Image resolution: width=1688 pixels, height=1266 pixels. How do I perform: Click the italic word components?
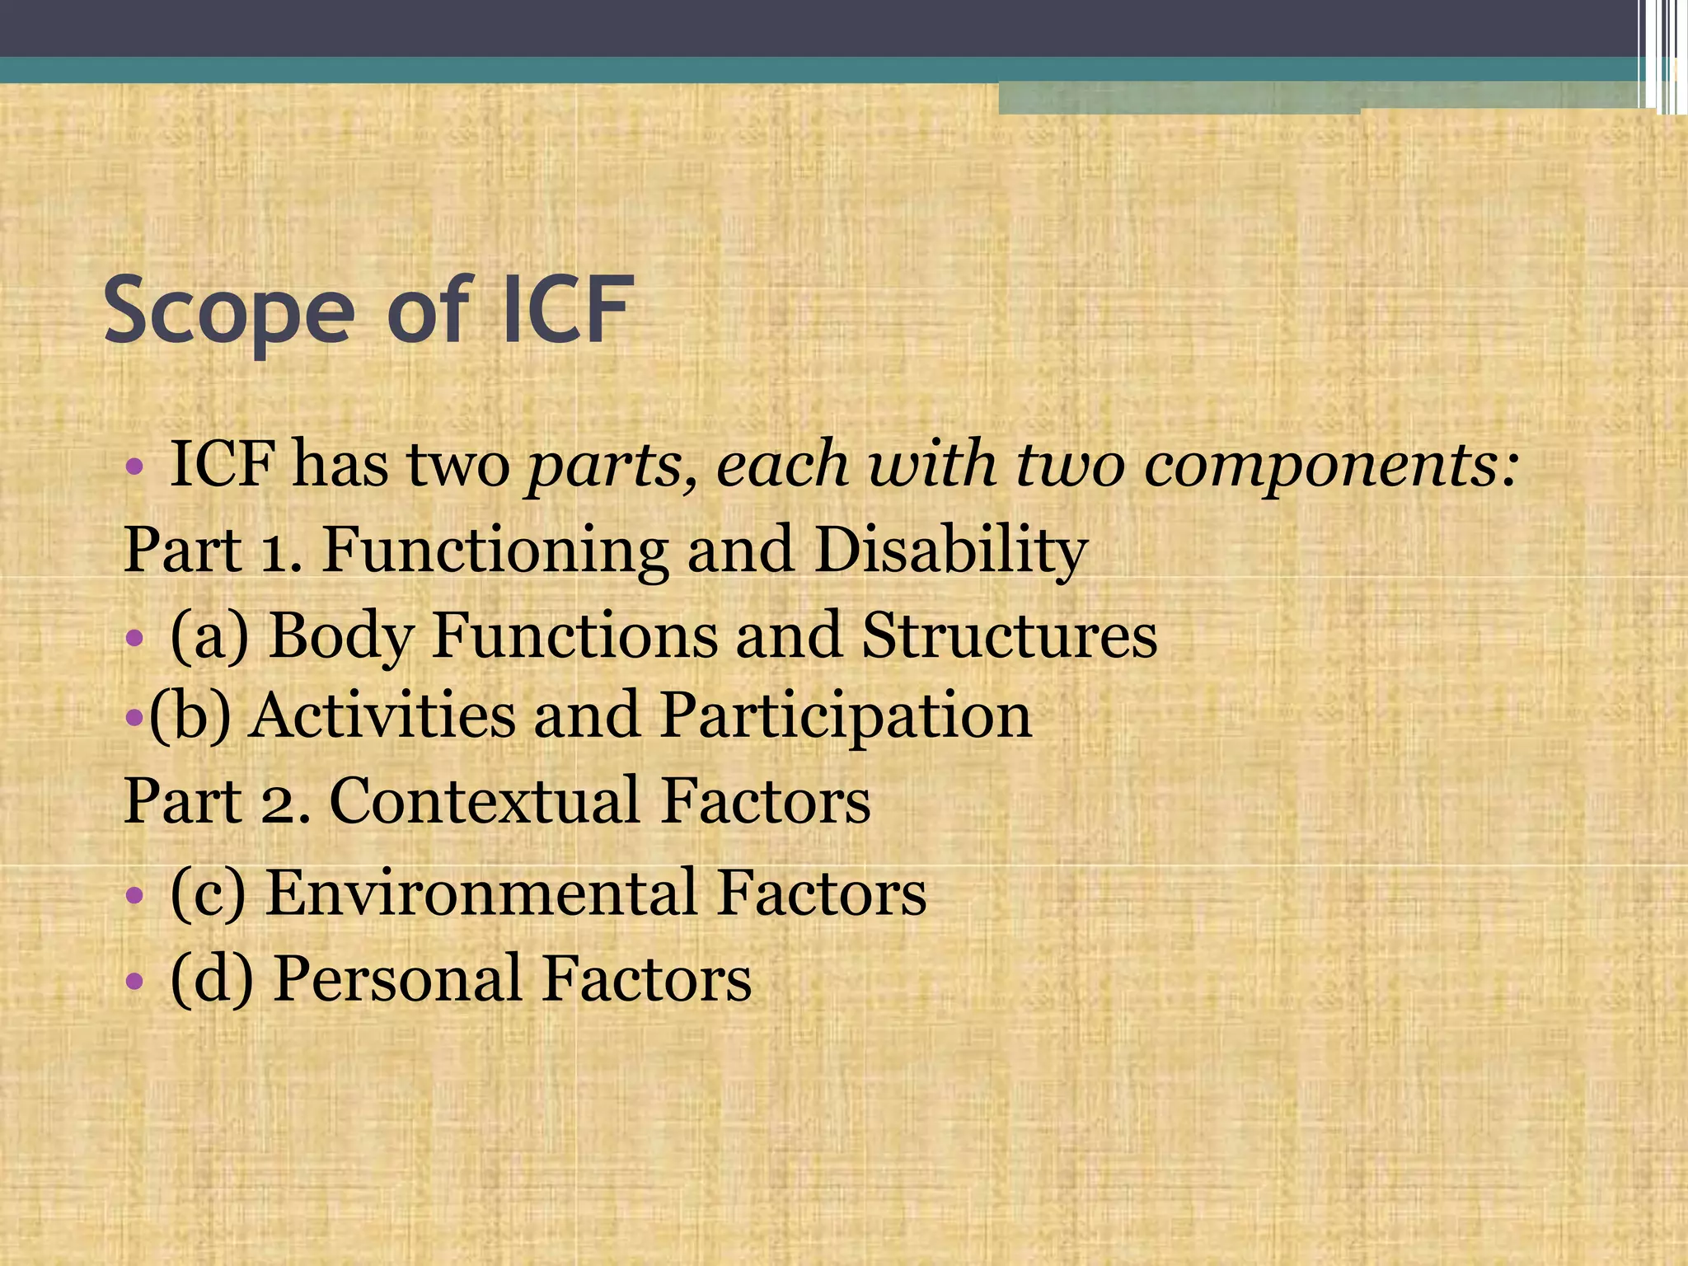[x=1330, y=465]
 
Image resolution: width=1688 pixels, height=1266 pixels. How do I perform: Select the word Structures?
[x=1009, y=636]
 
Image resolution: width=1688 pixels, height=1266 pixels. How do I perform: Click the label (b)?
[x=190, y=715]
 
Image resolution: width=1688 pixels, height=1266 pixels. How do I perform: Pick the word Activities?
[x=383, y=715]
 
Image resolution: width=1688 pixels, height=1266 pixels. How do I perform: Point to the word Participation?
[x=846, y=715]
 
